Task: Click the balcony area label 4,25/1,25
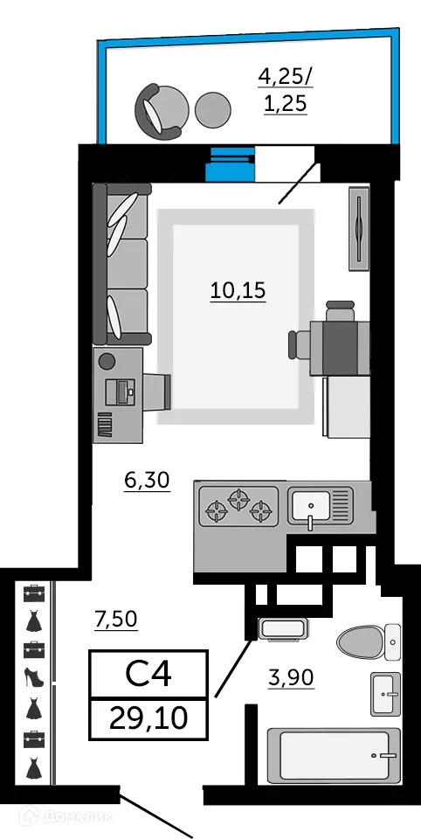click(284, 90)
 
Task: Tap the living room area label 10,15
click(238, 290)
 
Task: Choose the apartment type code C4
click(148, 674)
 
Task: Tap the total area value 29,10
click(148, 718)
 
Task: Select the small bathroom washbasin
click(385, 695)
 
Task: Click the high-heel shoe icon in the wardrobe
click(33, 678)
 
